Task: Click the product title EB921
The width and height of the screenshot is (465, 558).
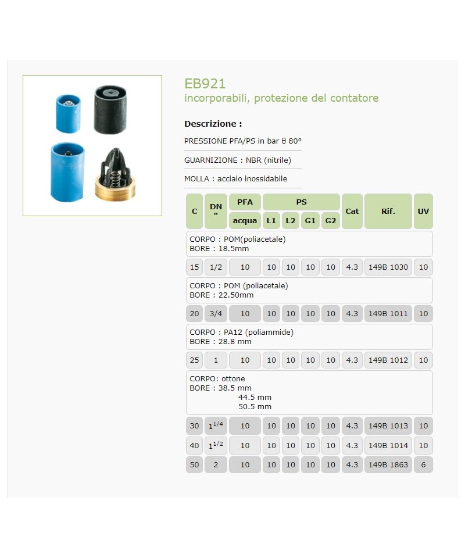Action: tap(205, 84)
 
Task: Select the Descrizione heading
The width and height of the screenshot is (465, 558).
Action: tap(213, 124)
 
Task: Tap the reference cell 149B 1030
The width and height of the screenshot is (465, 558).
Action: tap(388, 267)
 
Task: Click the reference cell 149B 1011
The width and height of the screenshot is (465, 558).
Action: tap(388, 314)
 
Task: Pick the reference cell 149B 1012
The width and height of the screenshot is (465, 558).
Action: tap(388, 360)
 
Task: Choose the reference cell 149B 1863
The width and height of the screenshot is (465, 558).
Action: tap(388, 465)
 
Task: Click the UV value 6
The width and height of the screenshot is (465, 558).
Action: tap(423, 465)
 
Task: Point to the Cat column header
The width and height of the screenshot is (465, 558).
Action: tap(352, 211)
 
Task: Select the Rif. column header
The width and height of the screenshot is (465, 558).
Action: tap(388, 211)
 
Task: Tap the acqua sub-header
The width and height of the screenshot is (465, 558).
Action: tap(245, 221)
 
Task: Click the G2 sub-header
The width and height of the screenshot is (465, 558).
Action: tap(331, 221)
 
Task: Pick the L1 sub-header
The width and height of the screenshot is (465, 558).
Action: tap(271, 221)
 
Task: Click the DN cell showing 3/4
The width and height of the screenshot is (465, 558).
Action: tap(216, 314)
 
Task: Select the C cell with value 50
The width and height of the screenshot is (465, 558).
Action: tap(195, 465)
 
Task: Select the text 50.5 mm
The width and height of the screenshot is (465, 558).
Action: tap(255, 407)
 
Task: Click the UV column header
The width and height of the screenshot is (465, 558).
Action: tap(423, 211)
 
